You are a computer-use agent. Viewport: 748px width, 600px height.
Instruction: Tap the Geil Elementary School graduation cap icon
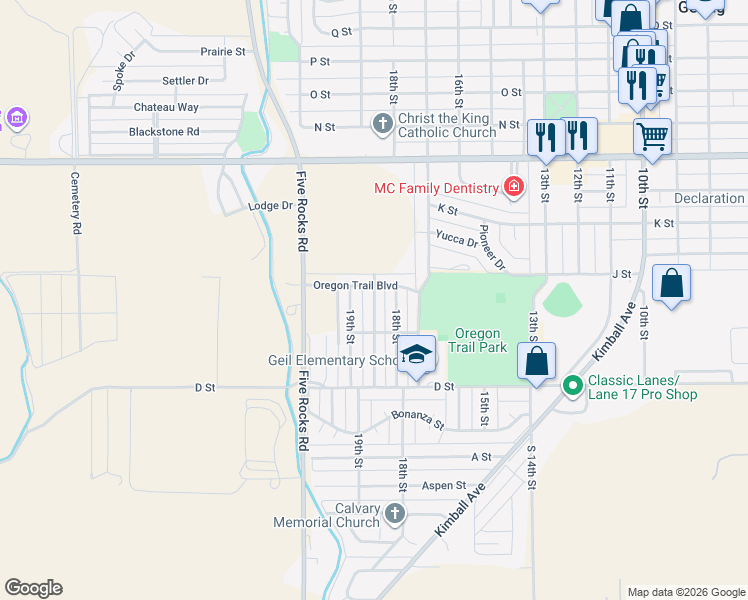point(417,355)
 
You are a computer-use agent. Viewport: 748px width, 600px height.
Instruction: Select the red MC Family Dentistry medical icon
point(513,187)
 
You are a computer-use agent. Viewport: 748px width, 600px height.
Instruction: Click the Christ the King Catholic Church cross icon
point(382,125)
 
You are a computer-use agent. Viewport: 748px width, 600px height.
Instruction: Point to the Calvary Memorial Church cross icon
point(395,514)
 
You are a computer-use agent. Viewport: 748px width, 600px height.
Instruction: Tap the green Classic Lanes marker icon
point(573,383)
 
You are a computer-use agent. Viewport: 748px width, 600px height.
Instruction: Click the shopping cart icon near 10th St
point(652,135)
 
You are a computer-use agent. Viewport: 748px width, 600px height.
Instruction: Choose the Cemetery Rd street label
point(75,202)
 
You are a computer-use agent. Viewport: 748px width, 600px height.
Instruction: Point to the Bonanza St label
point(417,419)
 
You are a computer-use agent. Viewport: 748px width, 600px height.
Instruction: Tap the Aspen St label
point(444,485)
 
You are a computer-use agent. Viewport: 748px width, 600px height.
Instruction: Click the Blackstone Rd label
point(164,131)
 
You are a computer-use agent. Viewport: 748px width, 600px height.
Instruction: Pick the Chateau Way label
point(166,107)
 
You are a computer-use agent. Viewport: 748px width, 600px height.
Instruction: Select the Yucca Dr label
point(456,238)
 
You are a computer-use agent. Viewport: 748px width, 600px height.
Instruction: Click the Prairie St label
point(222,51)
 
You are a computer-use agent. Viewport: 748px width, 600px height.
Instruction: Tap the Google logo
point(33,588)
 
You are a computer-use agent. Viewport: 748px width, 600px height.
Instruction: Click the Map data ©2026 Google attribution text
point(685,592)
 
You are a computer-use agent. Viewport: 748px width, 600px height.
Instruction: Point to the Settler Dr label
point(185,80)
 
